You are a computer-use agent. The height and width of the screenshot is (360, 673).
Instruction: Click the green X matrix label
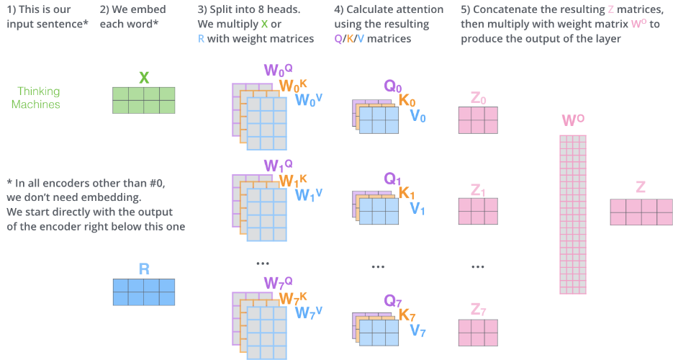click(x=143, y=77)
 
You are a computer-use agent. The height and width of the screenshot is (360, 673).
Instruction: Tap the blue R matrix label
click(x=143, y=269)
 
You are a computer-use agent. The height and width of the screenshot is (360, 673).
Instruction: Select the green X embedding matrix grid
click(x=143, y=100)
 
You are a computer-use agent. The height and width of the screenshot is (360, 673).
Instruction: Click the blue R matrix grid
click(x=143, y=292)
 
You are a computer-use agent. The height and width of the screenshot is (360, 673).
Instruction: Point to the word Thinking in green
click(x=39, y=91)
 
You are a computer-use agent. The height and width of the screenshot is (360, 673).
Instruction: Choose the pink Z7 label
click(x=478, y=309)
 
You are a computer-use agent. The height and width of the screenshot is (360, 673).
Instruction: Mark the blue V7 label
click(x=417, y=330)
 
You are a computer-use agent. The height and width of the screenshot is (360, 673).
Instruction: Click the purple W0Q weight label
click(x=279, y=70)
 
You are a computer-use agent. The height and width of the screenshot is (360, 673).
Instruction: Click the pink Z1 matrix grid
click(x=478, y=211)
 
